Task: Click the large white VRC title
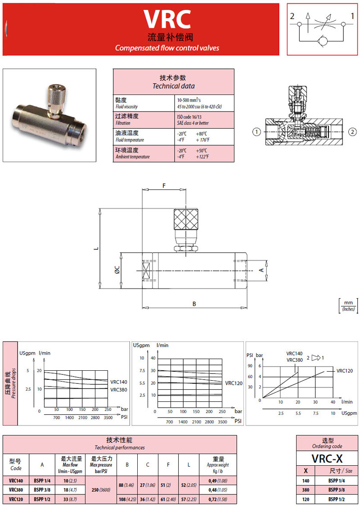point(167,19)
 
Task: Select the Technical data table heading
point(173,81)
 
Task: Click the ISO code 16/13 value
point(189,117)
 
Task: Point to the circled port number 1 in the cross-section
point(256,132)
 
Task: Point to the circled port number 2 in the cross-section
point(352,132)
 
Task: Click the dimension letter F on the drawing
point(164,186)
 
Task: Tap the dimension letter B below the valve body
point(194,304)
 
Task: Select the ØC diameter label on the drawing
point(117,270)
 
